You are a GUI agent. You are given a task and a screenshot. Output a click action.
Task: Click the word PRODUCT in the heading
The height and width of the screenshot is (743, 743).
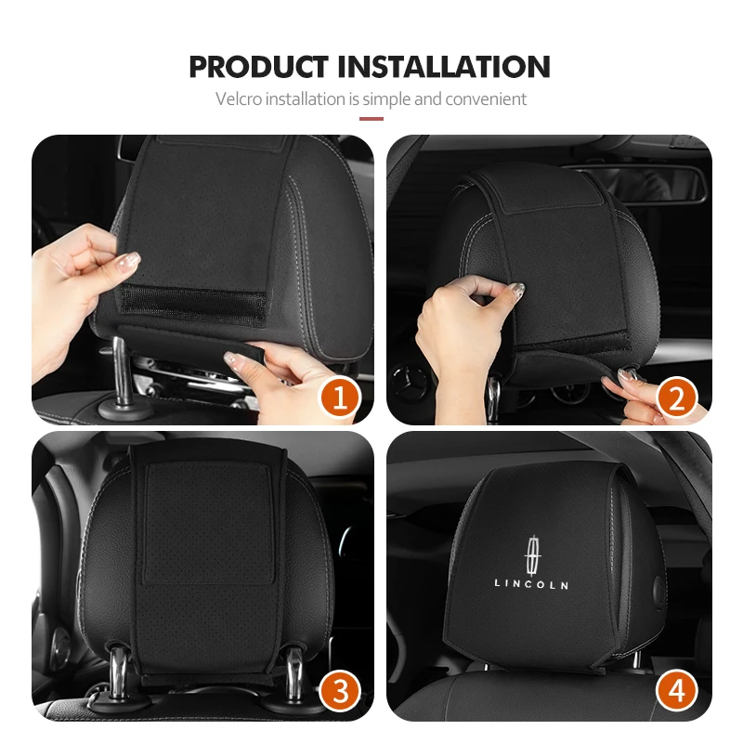click(258, 67)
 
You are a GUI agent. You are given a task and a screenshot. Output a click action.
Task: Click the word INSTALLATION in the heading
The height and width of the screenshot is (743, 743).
click(444, 67)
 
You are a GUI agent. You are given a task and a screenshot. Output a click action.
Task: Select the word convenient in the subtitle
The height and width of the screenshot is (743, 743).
click(486, 99)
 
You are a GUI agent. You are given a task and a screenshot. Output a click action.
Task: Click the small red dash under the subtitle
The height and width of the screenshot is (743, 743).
click(371, 119)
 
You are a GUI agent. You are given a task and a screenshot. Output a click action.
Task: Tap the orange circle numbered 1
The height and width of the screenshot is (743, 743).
click(339, 398)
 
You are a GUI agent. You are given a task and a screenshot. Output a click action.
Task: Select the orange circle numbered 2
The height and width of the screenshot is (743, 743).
click(676, 398)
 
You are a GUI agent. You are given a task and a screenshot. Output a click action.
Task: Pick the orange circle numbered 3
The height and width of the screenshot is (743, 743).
click(340, 690)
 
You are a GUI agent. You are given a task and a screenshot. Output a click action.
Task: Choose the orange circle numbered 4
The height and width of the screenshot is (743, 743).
click(676, 690)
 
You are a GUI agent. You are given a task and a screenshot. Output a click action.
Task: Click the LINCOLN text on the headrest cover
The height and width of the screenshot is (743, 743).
click(531, 584)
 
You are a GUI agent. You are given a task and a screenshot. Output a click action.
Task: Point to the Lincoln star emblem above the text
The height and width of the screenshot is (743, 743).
click(532, 555)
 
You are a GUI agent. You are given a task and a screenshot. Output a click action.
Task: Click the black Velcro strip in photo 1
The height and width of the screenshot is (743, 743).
click(193, 305)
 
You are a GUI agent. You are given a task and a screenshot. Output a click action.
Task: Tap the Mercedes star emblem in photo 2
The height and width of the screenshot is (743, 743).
click(410, 383)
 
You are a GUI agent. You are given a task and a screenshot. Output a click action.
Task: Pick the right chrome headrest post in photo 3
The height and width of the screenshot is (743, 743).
click(294, 675)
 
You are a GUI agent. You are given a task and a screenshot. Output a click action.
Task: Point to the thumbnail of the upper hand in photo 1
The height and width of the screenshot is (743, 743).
click(129, 260)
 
